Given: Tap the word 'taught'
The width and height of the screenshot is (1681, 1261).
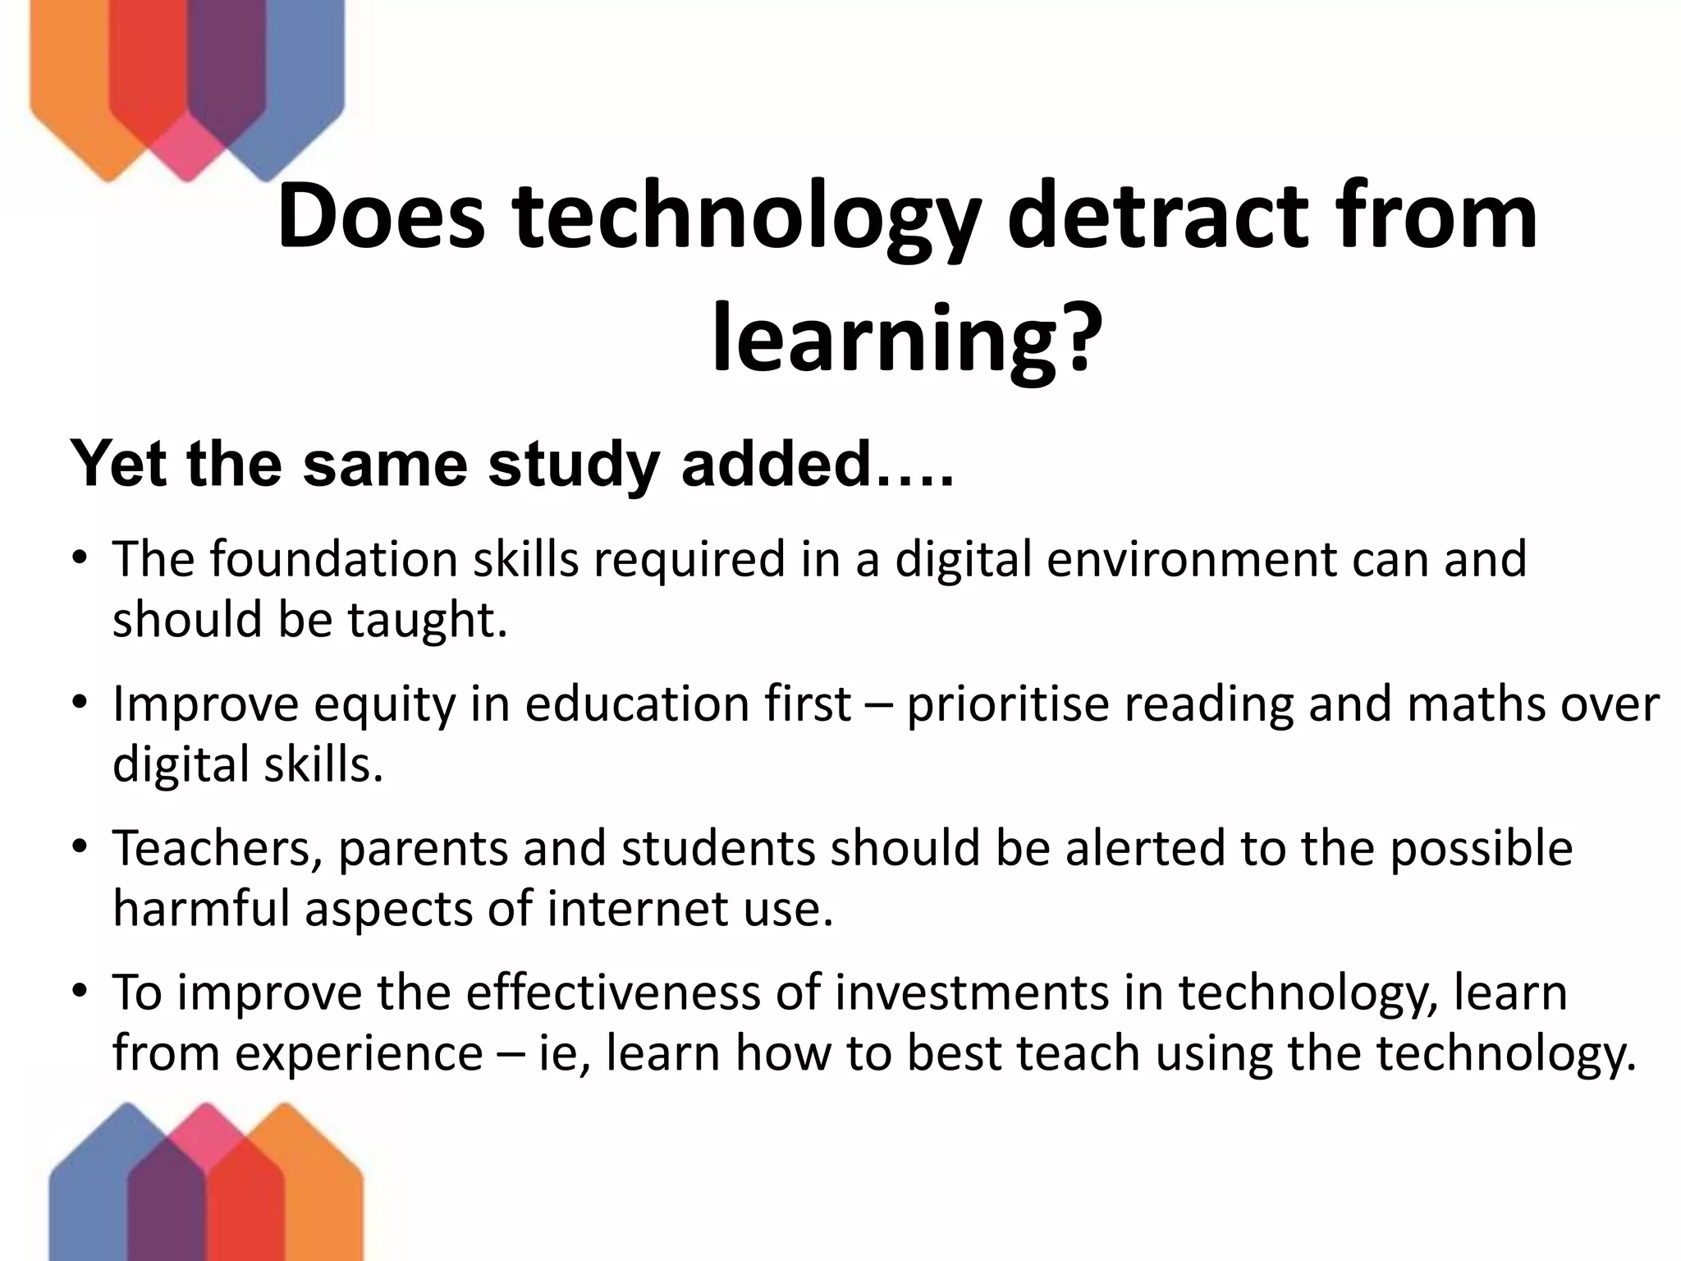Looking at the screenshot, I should [x=427, y=620].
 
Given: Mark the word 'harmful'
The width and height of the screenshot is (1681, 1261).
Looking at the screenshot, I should [x=202, y=910].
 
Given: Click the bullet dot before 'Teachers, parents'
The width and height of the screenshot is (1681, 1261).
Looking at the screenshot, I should [x=79, y=847].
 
